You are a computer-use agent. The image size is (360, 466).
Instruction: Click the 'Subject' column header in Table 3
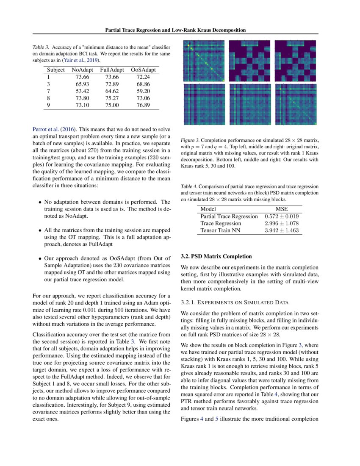coord(56,69)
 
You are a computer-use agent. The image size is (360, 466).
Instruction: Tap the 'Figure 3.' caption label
coord(190,140)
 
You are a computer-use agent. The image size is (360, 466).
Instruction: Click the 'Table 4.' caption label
coord(189,186)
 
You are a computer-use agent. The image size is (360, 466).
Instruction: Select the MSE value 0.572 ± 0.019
coord(282,216)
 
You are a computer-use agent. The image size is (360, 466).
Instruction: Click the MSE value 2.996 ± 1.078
coord(282,223)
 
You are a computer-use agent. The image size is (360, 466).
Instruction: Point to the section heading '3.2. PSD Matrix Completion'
coord(216,257)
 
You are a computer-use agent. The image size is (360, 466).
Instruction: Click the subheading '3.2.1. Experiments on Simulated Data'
coord(234,302)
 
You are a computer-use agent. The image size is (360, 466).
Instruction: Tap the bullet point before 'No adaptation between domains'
coord(40,202)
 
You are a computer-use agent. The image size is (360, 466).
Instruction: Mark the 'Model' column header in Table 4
coord(208,209)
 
